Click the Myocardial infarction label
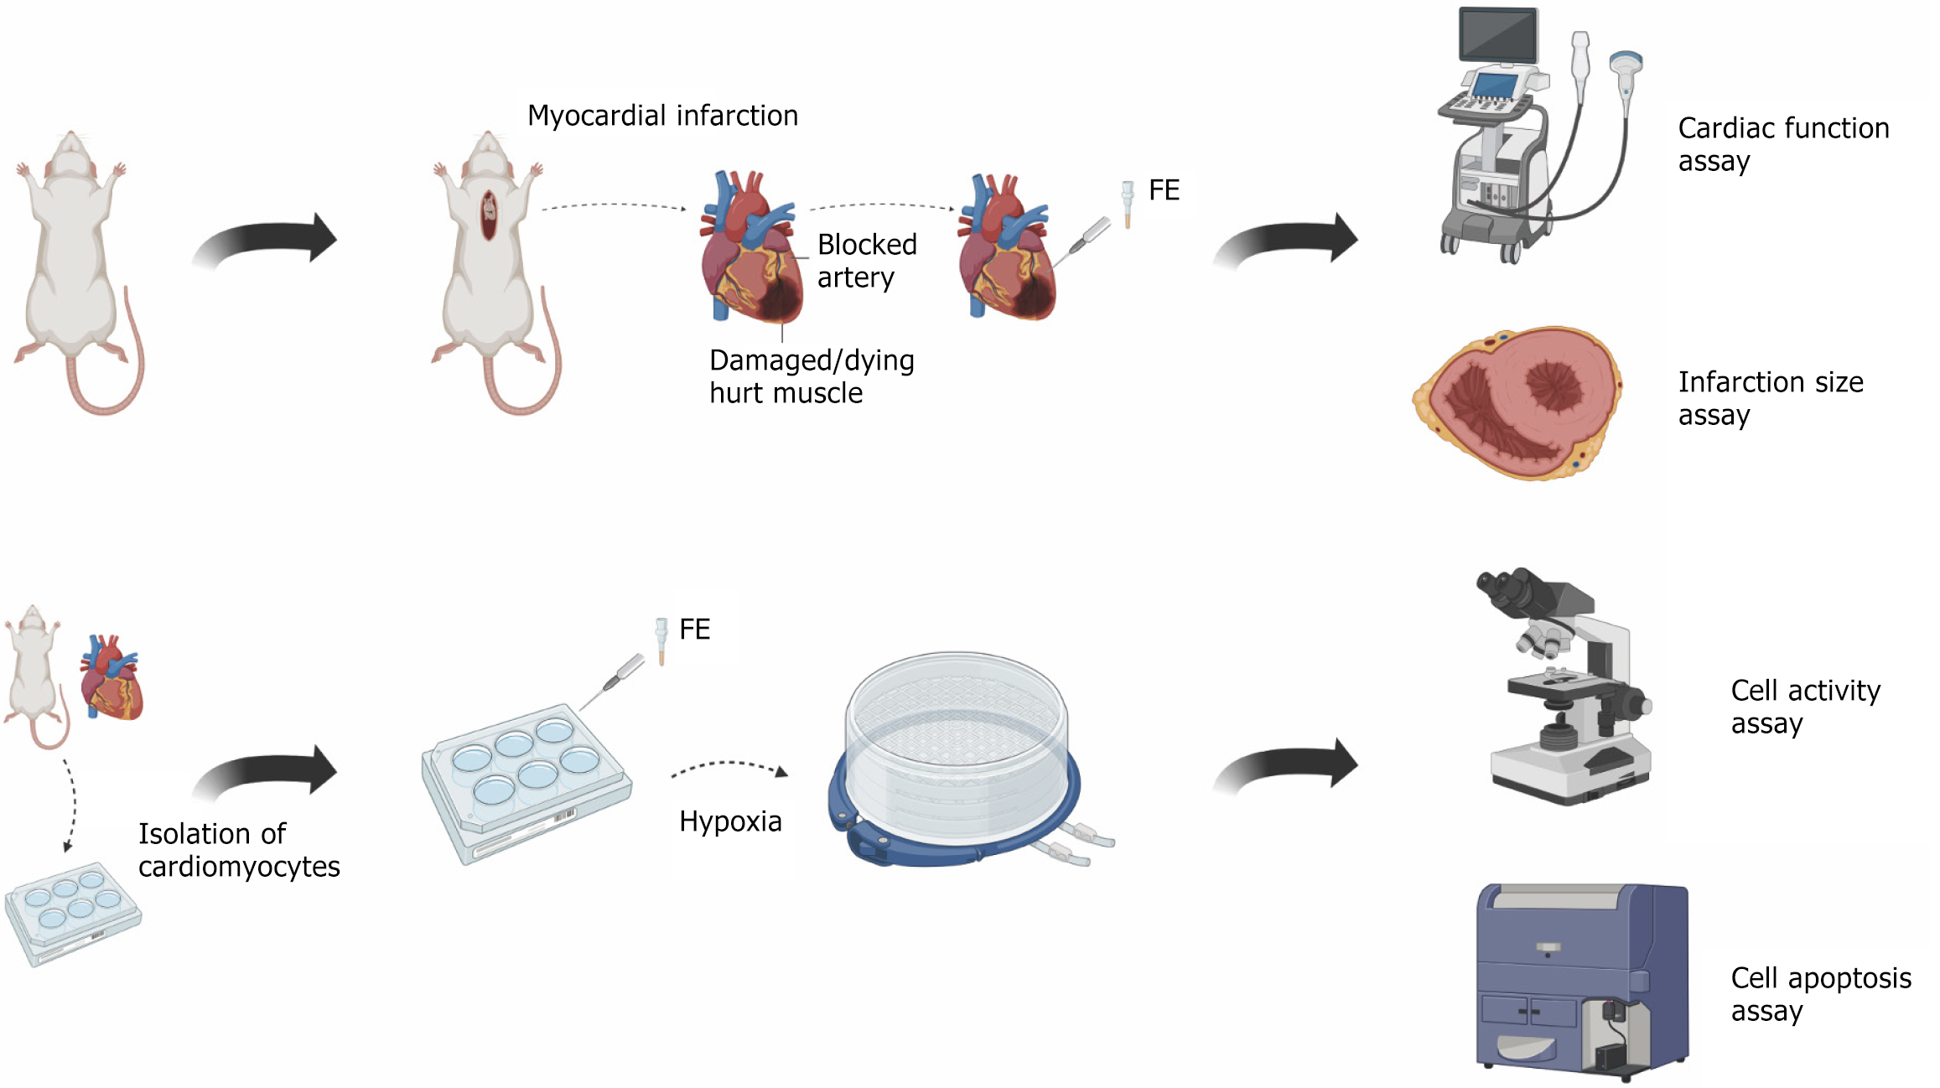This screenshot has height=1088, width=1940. pyautogui.click(x=662, y=116)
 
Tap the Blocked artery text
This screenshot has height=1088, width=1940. pyautogui.click(x=866, y=261)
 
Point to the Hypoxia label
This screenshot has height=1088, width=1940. pyautogui.click(x=730, y=821)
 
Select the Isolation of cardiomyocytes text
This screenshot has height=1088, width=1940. pyautogui.click(x=238, y=850)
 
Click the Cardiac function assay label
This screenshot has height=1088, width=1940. pyautogui.click(x=1783, y=144)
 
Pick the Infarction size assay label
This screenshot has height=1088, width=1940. pyautogui.click(x=1770, y=398)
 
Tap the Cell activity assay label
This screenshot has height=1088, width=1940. pyautogui.click(x=1805, y=707)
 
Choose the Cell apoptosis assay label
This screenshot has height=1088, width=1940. pyautogui.click(x=1820, y=994)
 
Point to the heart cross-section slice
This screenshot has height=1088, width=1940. pyautogui.click(x=1518, y=402)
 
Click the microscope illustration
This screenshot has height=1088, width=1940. pyautogui.click(x=1564, y=687)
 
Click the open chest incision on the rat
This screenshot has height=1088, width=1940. pyautogui.click(x=489, y=214)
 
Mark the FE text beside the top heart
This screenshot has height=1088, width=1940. pyautogui.click(x=1164, y=190)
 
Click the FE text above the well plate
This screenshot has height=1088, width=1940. pyautogui.click(x=694, y=629)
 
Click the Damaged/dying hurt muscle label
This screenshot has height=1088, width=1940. pyautogui.click(x=811, y=376)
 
